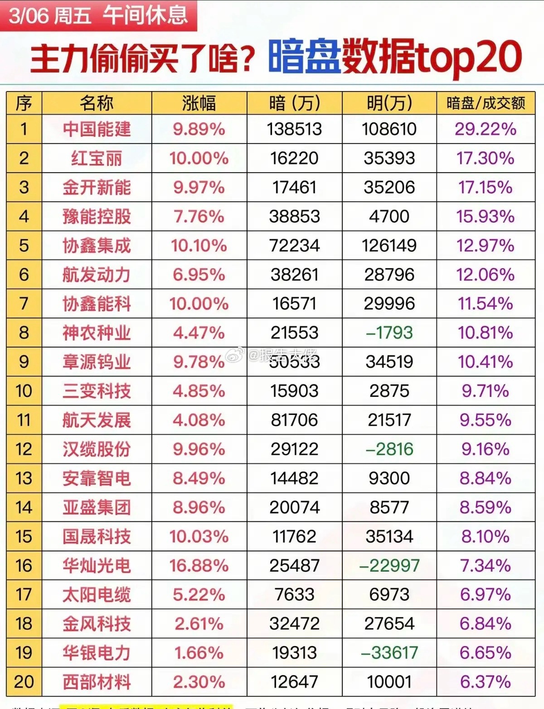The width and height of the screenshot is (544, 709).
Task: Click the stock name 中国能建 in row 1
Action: [x=97, y=129]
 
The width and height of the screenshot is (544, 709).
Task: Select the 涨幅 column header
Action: [x=199, y=103]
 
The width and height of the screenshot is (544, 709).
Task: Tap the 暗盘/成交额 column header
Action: [x=486, y=103]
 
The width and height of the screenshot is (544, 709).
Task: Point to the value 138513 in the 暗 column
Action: [x=294, y=129]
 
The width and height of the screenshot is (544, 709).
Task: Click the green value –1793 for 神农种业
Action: [x=389, y=333]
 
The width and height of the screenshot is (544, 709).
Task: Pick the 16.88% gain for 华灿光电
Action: [x=199, y=565]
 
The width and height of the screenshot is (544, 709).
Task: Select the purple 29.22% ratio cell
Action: [x=486, y=129]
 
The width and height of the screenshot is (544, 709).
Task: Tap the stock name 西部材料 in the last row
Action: [x=97, y=682]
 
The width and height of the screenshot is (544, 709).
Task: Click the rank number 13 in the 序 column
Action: [x=24, y=478]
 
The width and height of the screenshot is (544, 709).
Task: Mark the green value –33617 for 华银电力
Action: [x=389, y=653]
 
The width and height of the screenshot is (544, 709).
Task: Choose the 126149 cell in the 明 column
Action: [x=389, y=246]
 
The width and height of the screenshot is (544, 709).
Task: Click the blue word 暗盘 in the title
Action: [x=304, y=57]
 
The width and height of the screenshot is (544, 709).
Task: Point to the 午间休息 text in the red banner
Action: [x=145, y=14]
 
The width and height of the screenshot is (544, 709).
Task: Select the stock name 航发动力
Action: [x=97, y=275]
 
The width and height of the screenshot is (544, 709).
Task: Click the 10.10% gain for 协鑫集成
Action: [x=199, y=246]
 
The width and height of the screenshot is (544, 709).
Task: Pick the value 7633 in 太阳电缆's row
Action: [x=294, y=594]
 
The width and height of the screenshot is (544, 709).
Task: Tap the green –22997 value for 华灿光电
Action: [x=389, y=565]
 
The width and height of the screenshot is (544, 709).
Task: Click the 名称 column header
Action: [x=97, y=103]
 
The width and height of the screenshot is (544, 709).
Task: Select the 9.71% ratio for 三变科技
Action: [x=486, y=391]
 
